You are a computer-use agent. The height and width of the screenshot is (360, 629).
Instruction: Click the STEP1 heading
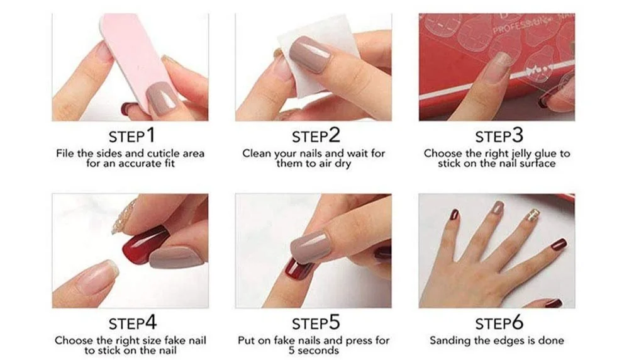click(131, 136)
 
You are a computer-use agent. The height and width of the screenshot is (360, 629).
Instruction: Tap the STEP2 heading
click(316, 136)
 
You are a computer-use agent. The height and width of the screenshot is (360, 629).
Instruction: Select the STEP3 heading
click(499, 136)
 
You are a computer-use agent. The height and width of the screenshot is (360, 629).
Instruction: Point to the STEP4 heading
click(132, 323)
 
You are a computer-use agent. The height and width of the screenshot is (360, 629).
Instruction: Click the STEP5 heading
click(316, 323)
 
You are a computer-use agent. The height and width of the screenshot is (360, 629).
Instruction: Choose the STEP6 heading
click(499, 323)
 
